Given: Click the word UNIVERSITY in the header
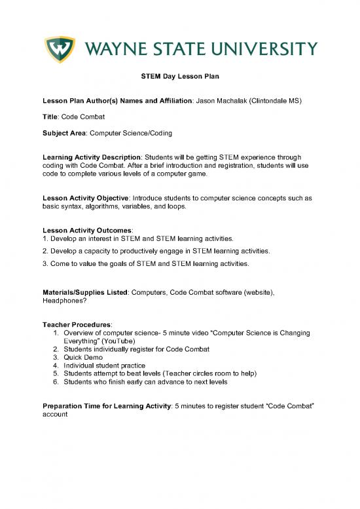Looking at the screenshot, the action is pos(263,48).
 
